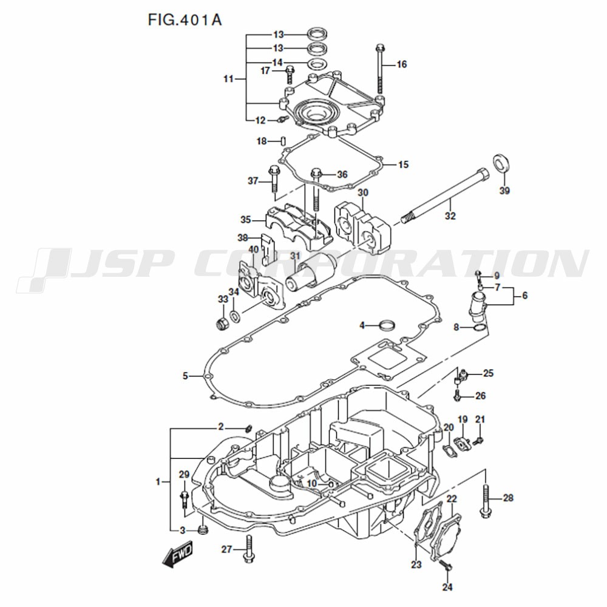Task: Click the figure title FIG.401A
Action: (185, 20)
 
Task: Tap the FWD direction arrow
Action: (177, 554)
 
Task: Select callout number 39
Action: (504, 191)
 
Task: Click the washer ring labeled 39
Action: (501, 163)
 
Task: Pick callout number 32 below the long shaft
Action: (450, 215)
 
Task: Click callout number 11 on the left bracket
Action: (229, 79)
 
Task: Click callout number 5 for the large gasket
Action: (185, 376)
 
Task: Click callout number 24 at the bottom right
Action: (447, 587)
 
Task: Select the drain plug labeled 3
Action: (203, 529)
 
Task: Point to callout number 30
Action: (363, 192)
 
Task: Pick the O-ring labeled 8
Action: (480, 329)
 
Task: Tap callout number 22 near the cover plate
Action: (452, 499)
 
